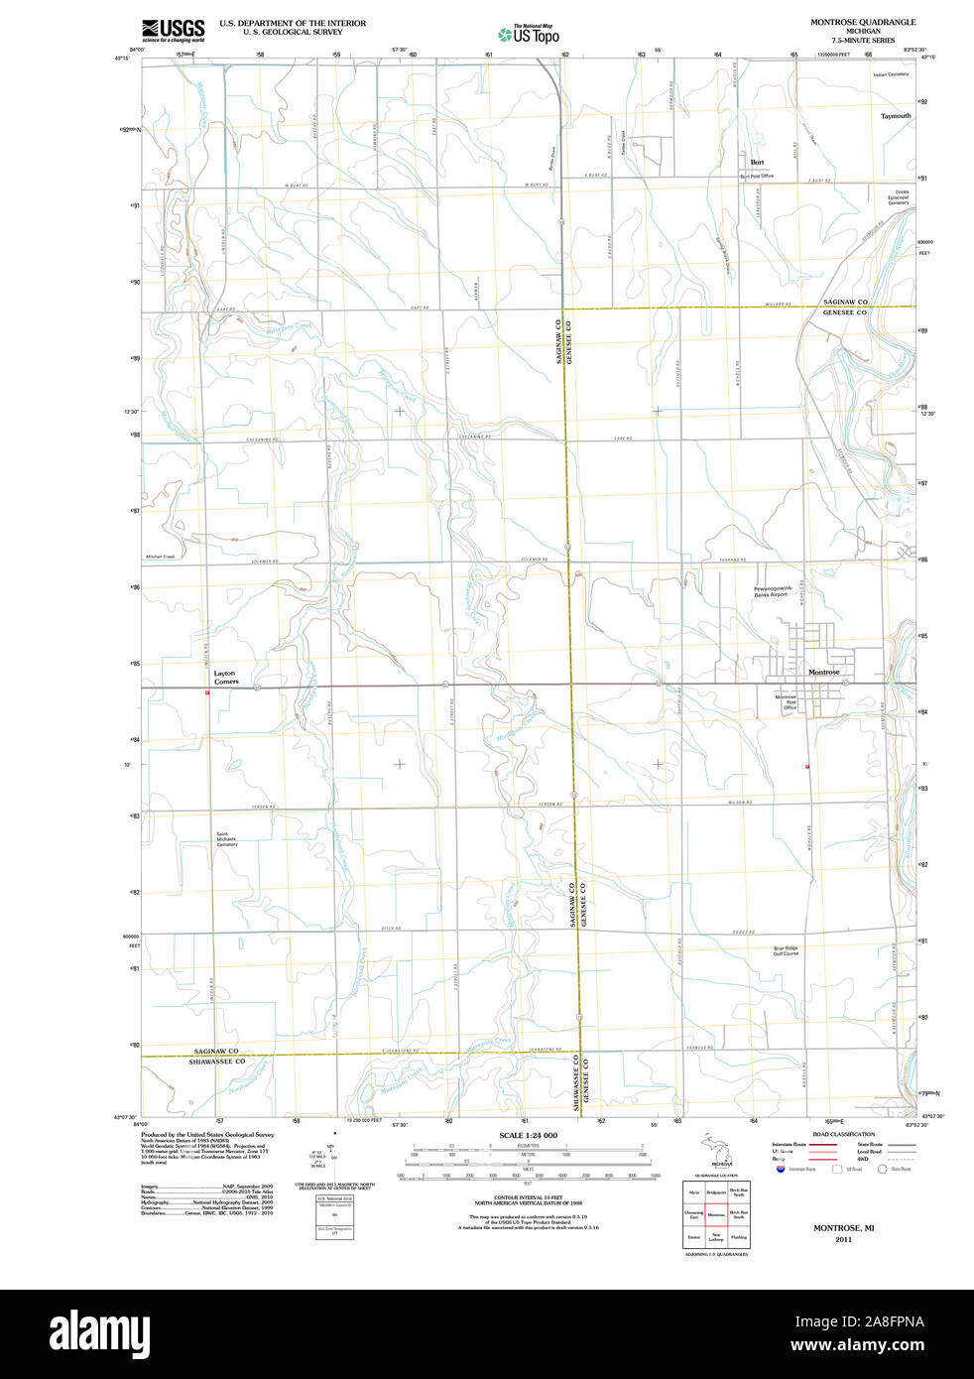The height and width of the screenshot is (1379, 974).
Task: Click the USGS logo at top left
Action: click(174, 30)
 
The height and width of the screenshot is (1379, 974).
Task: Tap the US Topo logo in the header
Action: click(529, 35)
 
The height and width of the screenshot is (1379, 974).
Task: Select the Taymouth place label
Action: click(895, 116)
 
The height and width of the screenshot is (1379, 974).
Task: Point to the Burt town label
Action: click(757, 162)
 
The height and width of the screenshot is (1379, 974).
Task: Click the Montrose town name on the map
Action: click(823, 672)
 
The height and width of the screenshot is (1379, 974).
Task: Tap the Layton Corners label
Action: click(225, 678)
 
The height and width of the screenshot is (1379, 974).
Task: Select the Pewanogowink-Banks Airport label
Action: click(773, 591)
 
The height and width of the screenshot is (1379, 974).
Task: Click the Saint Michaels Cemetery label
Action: click(227, 839)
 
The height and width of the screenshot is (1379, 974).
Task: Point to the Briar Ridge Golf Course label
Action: click(786, 950)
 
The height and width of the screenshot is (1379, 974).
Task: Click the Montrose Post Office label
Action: click(786, 701)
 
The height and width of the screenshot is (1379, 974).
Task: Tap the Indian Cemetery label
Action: click(891, 74)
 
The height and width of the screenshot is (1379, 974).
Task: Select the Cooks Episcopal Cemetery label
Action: click(899, 197)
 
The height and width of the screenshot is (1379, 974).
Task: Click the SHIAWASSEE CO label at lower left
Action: click(216, 1062)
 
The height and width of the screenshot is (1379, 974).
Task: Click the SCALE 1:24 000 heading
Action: click(528, 1135)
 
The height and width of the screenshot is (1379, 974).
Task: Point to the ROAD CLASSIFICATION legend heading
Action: click(843, 1134)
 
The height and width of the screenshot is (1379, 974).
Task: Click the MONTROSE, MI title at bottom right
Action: click(843, 1227)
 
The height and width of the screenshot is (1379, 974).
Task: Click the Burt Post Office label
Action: click(757, 176)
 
